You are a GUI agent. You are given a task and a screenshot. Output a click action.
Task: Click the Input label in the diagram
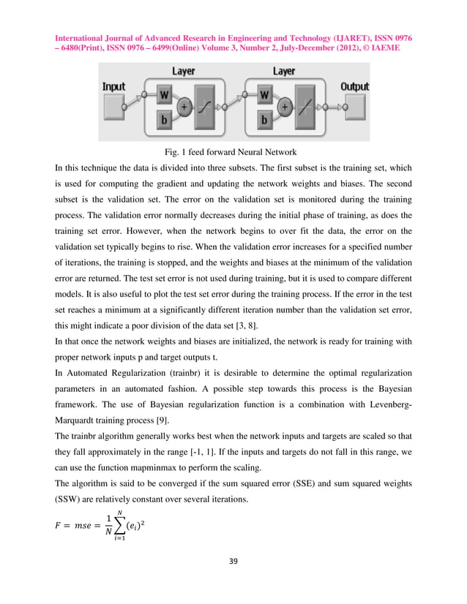point(113,86)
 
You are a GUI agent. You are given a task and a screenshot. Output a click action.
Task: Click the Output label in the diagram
point(354,86)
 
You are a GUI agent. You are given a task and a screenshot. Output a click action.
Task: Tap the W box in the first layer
point(165,95)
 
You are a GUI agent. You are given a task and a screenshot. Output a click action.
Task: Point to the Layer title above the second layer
point(283,72)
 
